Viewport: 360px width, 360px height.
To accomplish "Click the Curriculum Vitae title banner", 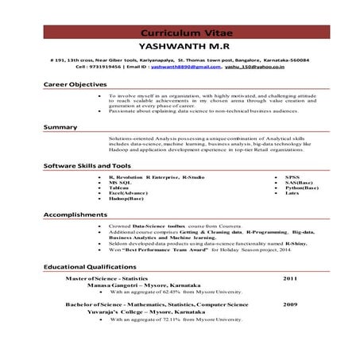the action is point(180,33).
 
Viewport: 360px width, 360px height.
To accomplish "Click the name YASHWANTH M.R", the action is point(180,47).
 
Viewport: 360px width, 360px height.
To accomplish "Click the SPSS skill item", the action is point(281,176).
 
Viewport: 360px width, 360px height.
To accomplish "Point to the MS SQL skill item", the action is point(120,182).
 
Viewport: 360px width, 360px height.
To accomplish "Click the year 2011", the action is point(290,280).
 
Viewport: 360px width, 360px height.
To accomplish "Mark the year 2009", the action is point(290,304).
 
